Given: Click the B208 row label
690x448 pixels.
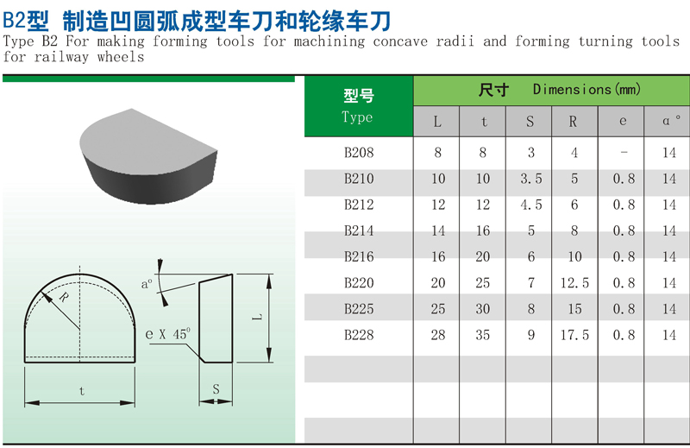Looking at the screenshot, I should [359, 154].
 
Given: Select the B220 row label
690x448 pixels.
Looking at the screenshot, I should [359, 283].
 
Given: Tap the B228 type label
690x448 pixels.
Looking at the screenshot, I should [359, 335].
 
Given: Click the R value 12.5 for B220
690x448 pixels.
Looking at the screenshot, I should [575, 283].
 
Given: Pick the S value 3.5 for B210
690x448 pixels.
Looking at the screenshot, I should [530, 180].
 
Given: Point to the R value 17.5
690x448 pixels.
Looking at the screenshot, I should [575, 335].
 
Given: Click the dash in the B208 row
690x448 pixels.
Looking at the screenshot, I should [623, 154].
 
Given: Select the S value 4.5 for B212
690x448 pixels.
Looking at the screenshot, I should [530, 205].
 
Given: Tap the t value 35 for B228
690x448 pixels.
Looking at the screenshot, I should [483, 335].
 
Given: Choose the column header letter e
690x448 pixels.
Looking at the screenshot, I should [623, 122].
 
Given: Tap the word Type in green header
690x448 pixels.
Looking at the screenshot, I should [357, 117].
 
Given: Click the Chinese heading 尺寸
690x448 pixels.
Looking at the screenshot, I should [492, 90].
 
